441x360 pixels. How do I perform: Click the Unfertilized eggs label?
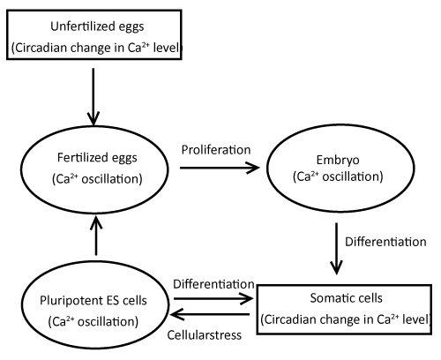pyautogui.click(x=97, y=26)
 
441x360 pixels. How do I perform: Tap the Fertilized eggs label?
pyautogui.click(x=97, y=158)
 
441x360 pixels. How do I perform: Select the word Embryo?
pyautogui.click(x=338, y=161)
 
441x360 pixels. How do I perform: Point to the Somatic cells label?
pyautogui.click(x=346, y=298)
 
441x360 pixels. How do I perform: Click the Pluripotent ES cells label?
pyautogui.click(x=93, y=301)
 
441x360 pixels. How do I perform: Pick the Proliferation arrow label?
pyautogui.click(x=216, y=150)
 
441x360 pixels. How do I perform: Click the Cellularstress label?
pyautogui.click(x=205, y=335)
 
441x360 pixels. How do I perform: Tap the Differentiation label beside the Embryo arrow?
pyautogui.click(x=385, y=242)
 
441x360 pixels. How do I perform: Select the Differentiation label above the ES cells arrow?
pyautogui.click(x=213, y=284)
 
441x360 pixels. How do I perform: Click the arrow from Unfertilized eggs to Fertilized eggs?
pyautogui.click(x=93, y=97)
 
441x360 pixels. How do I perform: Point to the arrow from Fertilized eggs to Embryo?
pyautogui.click(x=220, y=168)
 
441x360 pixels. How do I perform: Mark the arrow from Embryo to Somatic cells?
pyautogui.click(x=336, y=249)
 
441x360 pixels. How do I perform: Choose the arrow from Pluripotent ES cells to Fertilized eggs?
pyautogui.click(x=96, y=236)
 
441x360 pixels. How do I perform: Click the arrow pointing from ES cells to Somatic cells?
pyautogui.click(x=213, y=298)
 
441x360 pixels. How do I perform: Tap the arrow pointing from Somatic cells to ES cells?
pyautogui.click(x=210, y=314)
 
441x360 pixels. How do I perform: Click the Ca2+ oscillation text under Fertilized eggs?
pyautogui.click(x=97, y=179)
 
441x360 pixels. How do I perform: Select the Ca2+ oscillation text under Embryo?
pyautogui.click(x=338, y=176)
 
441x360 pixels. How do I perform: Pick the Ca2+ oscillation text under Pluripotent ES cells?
pyautogui.click(x=93, y=321)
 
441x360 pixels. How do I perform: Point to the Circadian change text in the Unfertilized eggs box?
pyautogui.click(x=96, y=48)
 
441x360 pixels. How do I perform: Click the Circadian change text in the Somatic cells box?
pyautogui.click(x=346, y=319)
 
